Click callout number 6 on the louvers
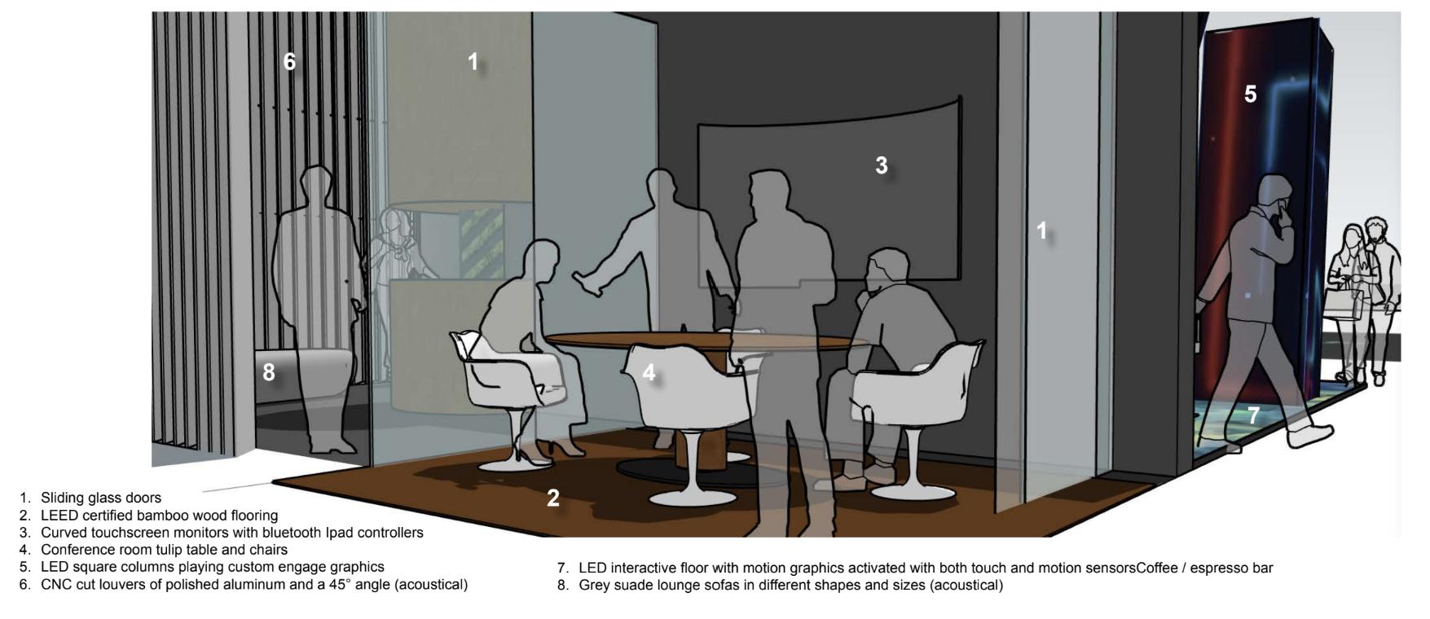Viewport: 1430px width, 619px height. (289, 61)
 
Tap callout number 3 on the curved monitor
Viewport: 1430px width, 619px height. (881, 165)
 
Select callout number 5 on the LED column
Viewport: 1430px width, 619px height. (1250, 94)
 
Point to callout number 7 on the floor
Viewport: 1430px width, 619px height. (1253, 415)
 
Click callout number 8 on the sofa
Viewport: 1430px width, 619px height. (269, 372)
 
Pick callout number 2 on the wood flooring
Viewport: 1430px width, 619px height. (553, 498)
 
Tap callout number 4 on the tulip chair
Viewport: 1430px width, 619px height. (649, 373)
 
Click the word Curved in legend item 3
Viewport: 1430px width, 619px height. (63, 533)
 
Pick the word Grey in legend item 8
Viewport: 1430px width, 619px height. (594, 585)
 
